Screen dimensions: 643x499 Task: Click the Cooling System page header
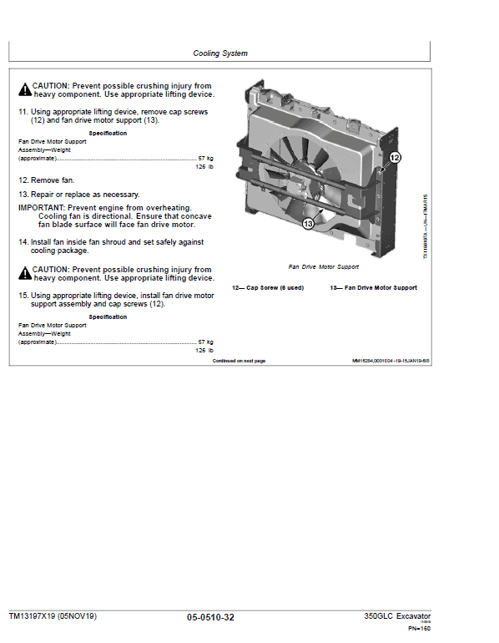pyautogui.click(x=219, y=53)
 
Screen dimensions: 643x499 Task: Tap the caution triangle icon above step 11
pyautogui.click(x=25, y=88)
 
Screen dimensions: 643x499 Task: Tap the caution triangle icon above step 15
pyautogui.click(x=25, y=271)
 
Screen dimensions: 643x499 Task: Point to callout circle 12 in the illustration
pyautogui.click(x=395, y=157)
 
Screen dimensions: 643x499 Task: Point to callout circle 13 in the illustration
pyautogui.click(x=309, y=223)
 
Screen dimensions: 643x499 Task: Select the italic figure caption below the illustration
pyautogui.click(x=323, y=267)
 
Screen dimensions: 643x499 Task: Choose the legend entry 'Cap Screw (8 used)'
pyautogui.click(x=268, y=288)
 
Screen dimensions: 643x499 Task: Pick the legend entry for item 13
pyautogui.click(x=373, y=288)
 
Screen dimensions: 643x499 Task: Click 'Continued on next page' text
pyautogui.click(x=239, y=361)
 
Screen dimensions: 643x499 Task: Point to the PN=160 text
pyautogui.click(x=419, y=628)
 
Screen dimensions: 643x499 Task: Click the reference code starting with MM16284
pyautogui.click(x=391, y=361)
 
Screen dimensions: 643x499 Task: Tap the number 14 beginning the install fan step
pyautogui.click(x=23, y=242)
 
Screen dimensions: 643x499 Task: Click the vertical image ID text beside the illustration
pyautogui.click(x=424, y=225)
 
